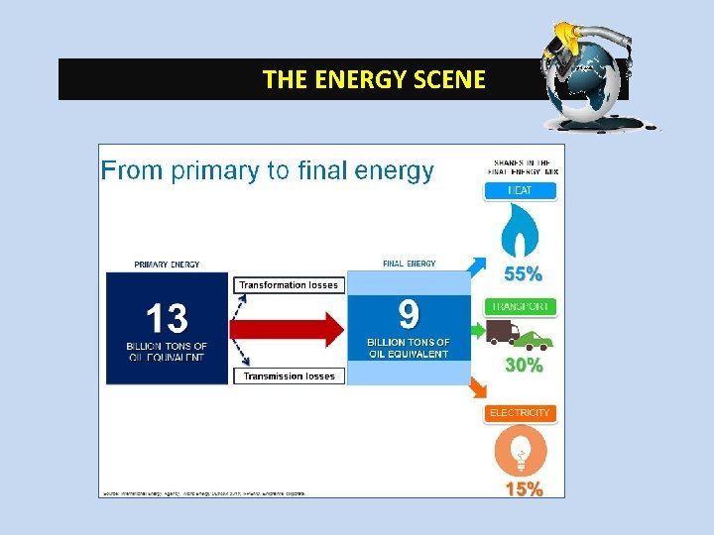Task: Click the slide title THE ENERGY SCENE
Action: [x=374, y=79]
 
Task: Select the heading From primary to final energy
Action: [x=267, y=170]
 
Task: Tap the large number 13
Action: [x=167, y=319]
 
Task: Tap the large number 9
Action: [x=409, y=315]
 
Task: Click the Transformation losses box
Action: [x=289, y=285]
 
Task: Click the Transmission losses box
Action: [x=289, y=376]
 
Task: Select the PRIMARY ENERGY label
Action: [x=167, y=265]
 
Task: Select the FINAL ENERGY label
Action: [x=409, y=264]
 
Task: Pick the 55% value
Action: [x=524, y=272]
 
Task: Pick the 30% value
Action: [x=524, y=366]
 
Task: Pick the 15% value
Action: [x=524, y=488]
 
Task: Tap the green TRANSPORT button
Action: [x=521, y=307]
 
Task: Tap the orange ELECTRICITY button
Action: [x=521, y=412]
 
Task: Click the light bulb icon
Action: [x=521, y=455]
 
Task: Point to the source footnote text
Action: [x=203, y=492]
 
